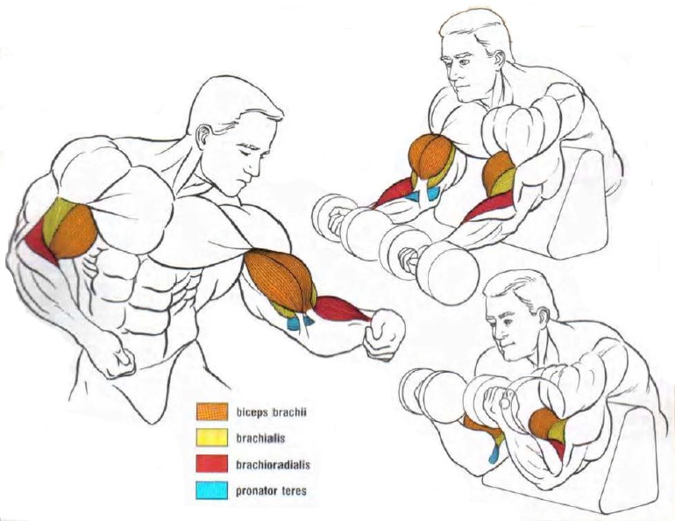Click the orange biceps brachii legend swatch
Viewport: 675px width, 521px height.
tap(212, 411)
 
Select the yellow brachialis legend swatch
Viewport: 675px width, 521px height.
tap(212, 438)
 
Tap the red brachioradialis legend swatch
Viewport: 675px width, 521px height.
tap(212, 464)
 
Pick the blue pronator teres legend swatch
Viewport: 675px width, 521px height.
tap(212, 490)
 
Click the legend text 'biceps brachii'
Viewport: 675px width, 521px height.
tap(271, 412)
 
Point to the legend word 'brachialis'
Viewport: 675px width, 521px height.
tap(260, 439)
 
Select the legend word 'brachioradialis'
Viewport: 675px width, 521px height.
tap(273, 465)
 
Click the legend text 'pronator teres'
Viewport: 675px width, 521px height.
tap(271, 491)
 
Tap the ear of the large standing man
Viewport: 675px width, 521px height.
tap(205, 136)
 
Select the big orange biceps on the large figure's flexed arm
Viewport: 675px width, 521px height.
tap(279, 279)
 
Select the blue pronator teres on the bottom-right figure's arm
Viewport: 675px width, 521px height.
tap(494, 453)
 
